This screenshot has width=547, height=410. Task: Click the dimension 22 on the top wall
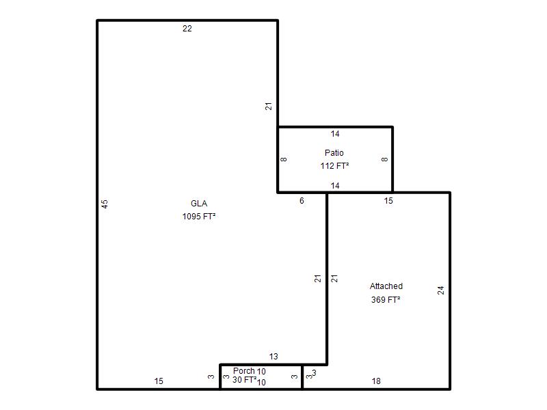pyautogui.click(x=187, y=29)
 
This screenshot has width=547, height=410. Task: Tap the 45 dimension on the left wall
pyautogui.click(x=105, y=204)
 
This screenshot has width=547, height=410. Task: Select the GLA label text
pyautogui.click(x=199, y=203)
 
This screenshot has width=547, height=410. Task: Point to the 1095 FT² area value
pyautogui.click(x=199, y=217)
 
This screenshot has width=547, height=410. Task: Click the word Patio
pyautogui.click(x=334, y=152)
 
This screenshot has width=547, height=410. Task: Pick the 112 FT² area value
pyautogui.click(x=335, y=166)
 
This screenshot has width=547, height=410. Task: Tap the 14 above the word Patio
pyautogui.click(x=335, y=134)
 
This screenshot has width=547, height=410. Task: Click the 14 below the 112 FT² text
pyautogui.click(x=335, y=186)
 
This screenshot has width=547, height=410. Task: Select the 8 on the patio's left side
pyautogui.click(x=284, y=159)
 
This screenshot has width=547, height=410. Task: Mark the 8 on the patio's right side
pyautogui.click(x=384, y=159)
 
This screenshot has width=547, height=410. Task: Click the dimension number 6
pyautogui.click(x=302, y=201)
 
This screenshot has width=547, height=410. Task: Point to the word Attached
pyautogui.click(x=386, y=286)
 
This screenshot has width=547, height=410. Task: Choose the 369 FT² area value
pyautogui.click(x=386, y=300)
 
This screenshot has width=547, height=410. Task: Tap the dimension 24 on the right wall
pyautogui.click(x=441, y=290)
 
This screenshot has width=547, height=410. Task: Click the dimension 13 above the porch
pyautogui.click(x=273, y=357)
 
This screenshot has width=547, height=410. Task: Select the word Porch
pyautogui.click(x=244, y=371)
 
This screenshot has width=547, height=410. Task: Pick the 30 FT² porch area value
pyautogui.click(x=245, y=380)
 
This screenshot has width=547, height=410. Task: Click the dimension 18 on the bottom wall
pyautogui.click(x=376, y=381)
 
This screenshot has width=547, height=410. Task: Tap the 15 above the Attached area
pyautogui.click(x=388, y=201)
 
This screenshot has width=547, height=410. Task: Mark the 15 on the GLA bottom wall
pyautogui.click(x=159, y=381)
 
